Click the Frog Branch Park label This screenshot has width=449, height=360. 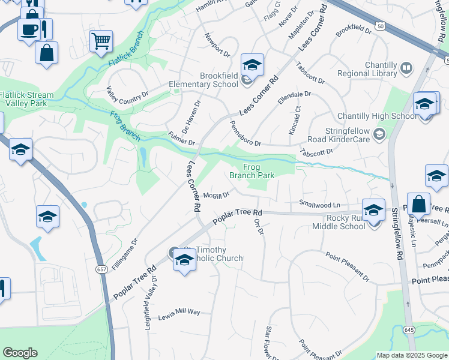252,171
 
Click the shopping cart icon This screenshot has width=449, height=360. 101,41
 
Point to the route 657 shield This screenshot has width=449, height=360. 101,269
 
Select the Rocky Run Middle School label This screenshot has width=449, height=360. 339,222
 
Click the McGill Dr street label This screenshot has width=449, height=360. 216,195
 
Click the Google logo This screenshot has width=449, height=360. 20,353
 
